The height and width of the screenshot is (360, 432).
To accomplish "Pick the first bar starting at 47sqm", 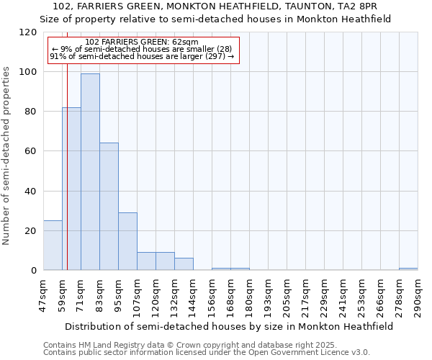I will [53, 246].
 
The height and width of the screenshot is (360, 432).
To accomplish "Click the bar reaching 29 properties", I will [127, 241].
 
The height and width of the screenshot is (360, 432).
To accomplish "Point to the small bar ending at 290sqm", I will [408, 269].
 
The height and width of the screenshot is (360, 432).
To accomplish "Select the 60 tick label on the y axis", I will [30, 151].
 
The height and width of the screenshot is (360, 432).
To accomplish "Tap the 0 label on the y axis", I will [33, 271].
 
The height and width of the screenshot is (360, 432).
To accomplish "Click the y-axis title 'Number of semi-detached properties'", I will [6, 151].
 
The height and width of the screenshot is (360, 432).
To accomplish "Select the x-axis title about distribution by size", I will [229, 326].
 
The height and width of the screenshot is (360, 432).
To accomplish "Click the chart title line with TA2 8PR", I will [215, 6].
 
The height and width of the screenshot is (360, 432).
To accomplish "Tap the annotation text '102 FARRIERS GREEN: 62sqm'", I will [141, 42].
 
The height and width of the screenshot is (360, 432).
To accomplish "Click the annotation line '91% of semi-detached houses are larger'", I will [141, 56].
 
